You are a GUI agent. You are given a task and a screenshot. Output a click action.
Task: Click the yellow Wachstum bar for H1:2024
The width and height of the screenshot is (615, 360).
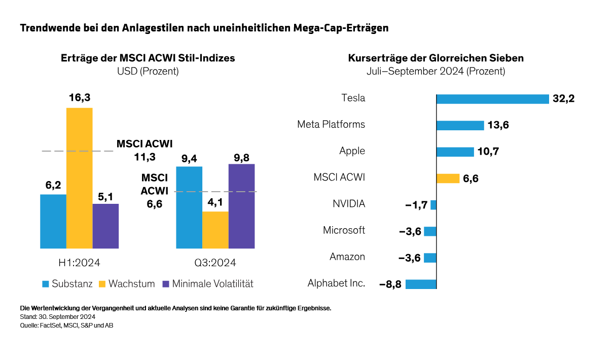pos(79,178)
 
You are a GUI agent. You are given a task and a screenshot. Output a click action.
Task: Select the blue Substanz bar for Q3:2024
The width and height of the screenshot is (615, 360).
pos(189,207)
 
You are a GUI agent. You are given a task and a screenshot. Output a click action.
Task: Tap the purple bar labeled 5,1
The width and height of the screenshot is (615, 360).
pos(105,226)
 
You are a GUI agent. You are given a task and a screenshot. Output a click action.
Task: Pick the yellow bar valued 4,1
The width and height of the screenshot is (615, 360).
pos(215,230)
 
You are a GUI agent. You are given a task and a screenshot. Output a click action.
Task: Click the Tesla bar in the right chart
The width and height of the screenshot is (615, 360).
pos(492,99)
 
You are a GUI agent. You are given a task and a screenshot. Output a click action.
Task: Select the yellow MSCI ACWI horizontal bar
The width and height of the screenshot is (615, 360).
pos(448,178)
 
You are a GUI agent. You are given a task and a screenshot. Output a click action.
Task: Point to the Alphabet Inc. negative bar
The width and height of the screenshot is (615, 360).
pos(421,284)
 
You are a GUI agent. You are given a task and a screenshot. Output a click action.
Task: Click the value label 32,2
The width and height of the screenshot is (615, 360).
pos(564,99)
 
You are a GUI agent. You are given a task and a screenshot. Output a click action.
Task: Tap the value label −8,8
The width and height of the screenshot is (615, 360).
pos(390,284)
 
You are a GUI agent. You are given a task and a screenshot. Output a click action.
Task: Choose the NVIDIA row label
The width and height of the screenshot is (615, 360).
pos(349,204)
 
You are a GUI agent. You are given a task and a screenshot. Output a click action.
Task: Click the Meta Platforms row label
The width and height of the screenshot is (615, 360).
pos(331,124)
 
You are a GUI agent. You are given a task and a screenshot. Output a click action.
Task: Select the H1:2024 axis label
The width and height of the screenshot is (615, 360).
pos(79,263)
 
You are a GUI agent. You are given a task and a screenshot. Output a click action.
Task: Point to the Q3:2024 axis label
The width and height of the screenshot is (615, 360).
pos(215,263)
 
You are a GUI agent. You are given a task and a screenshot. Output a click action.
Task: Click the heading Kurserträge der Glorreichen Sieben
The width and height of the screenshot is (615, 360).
pos(436,58)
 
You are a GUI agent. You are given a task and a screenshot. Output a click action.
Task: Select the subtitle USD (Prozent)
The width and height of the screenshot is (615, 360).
pos(148,71)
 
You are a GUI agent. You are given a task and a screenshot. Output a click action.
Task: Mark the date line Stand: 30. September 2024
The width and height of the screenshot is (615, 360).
pos(57,317)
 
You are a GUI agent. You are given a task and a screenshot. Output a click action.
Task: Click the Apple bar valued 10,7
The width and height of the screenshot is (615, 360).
pos(455,152)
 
